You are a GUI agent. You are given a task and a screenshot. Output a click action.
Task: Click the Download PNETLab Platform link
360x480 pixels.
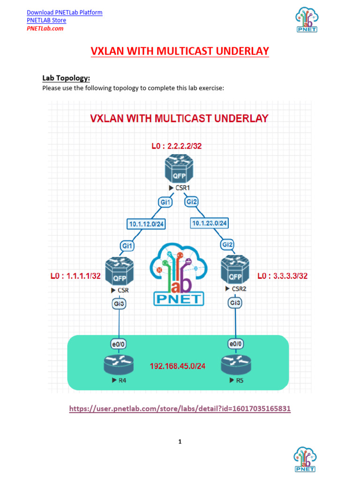click(x=64, y=12)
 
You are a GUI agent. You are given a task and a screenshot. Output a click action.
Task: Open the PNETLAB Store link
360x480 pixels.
click(x=46, y=20)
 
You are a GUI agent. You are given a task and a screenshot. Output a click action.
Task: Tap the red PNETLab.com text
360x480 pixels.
click(x=45, y=28)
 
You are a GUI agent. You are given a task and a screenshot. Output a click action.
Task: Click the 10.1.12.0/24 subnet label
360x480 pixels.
click(x=146, y=224)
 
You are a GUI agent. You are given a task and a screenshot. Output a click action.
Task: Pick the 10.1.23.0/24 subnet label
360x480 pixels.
click(x=209, y=223)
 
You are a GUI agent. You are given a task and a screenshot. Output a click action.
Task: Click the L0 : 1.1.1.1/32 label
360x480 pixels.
click(x=75, y=276)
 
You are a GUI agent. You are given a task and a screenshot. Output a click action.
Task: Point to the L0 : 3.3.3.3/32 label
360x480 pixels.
click(x=283, y=276)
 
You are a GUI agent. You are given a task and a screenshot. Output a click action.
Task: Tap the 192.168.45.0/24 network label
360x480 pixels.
click(x=177, y=366)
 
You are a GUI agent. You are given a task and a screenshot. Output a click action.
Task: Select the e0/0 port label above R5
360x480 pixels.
click(x=235, y=345)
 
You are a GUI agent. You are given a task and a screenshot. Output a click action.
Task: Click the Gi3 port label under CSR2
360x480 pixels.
click(x=235, y=303)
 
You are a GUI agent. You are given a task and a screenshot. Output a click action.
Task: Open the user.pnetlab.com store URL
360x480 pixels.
click(x=180, y=409)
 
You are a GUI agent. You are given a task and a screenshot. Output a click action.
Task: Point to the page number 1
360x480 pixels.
click(x=180, y=441)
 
